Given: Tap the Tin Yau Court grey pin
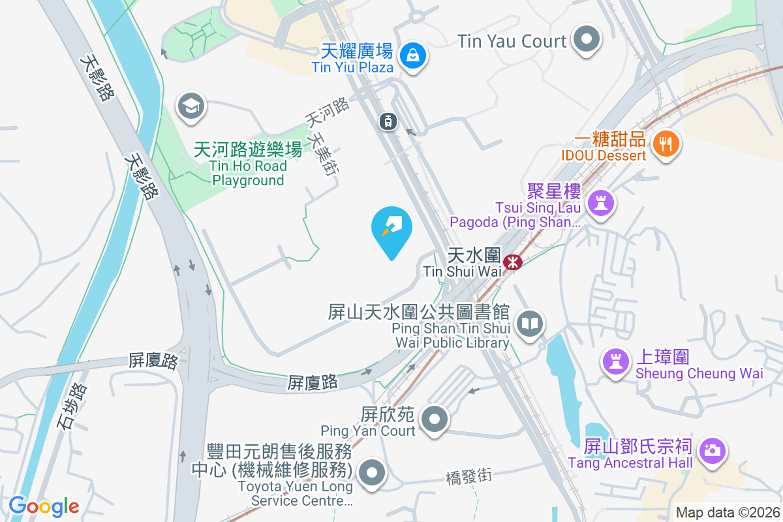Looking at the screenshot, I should click(x=586, y=40).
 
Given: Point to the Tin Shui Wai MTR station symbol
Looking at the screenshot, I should click(x=513, y=262).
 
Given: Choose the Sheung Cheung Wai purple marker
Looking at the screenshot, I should click(x=615, y=363).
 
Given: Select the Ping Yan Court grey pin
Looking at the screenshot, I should click(x=435, y=418).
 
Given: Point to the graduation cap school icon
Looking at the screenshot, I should click(x=191, y=106).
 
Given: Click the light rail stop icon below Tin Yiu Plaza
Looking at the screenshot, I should click(x=388, y=121).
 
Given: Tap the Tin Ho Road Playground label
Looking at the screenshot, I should click(x=249, y=165).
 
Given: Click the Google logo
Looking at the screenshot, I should click(x=44, y=506).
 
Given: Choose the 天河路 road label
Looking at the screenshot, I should click(x=327, y=112).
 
